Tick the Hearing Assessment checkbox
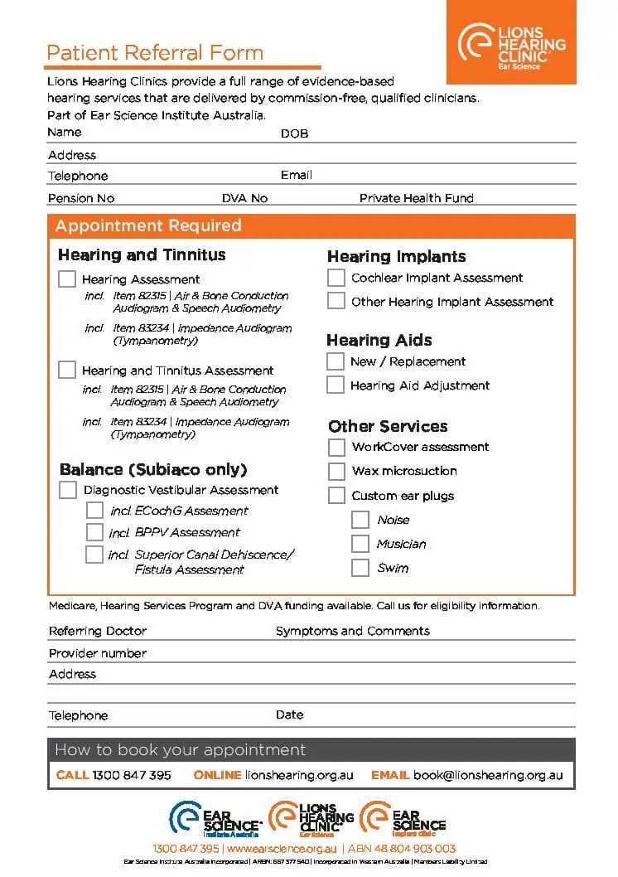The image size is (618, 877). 67,279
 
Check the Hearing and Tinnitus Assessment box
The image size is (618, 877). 67,370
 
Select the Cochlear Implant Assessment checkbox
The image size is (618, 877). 336,278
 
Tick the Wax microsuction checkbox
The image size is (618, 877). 336,471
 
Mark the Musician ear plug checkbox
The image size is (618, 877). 360,544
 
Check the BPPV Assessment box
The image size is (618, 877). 94,532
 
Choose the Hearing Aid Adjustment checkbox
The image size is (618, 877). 335,385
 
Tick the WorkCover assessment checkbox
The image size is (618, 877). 336,447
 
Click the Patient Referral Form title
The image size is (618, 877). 155,53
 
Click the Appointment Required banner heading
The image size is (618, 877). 148,225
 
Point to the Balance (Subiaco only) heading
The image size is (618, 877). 153,469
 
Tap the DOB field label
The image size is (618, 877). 294,133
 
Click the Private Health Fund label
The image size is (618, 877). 416,198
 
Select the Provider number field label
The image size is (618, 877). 97,653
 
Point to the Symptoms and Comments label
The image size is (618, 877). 352,631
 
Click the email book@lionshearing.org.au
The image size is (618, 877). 488,775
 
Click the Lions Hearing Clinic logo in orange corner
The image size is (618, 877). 511,42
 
